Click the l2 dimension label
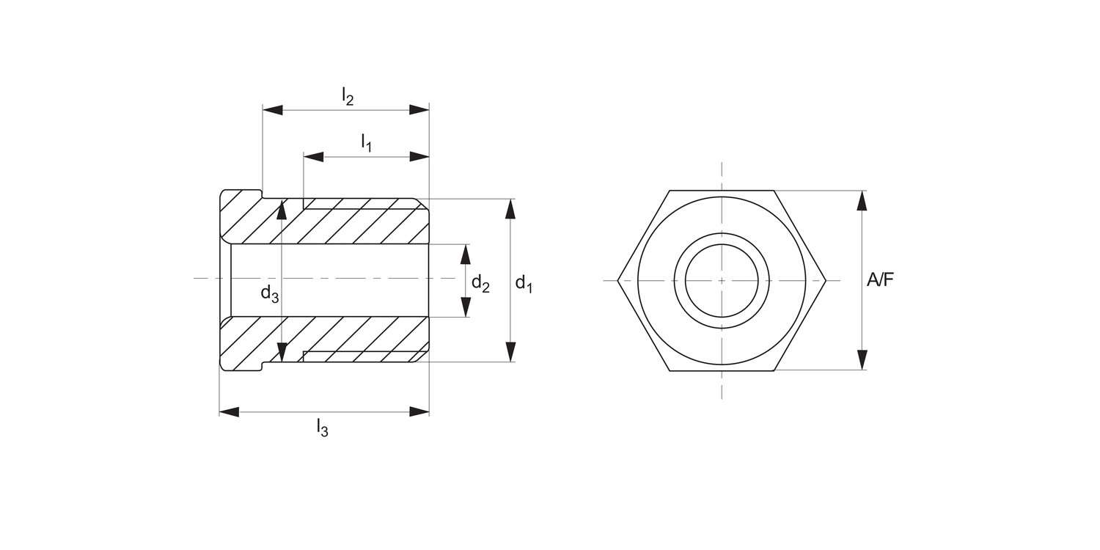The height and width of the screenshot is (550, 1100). pyautogui.click(x=348, y=95)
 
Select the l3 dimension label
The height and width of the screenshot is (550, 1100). pyautogui.click(x=322, y=427)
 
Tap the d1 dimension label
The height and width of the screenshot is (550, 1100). pyautogui.click(x=523, y=283)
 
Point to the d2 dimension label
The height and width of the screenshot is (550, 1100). pyautogui.click(x=480, y=283)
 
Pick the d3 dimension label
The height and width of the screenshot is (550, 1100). pyautogui.click(x=269, y=293)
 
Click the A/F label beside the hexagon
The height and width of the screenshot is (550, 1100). pyautogui.click(x=881, y=279)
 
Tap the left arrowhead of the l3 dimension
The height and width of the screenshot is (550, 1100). pyautogui.click(x=230, y=412)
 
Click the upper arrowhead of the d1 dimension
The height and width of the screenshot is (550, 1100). pyautogui.click(x=510, y=208)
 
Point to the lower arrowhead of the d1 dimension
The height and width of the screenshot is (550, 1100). pyautogui.click(x=510, y=352)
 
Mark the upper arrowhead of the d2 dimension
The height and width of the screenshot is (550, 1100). pyautogui.click(x=465, y=254)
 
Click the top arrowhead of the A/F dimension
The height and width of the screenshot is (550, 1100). pyautogui.click(x=862, y=200)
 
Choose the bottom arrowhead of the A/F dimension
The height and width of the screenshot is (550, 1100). pyautogui.click(x=862, y=360)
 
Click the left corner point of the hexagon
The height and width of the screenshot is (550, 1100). pyautogui.click(x=618, y=280)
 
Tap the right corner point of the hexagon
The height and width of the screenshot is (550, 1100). pyautogui.click(x=826, y=280)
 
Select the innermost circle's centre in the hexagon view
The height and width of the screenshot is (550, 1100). pyautogui.click(x=722, y=280)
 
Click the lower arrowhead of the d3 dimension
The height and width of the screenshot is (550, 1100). pyautogui.click(x=282, y=352)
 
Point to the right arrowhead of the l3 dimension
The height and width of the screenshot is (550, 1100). pyautogui.click(x=419, y=412)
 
